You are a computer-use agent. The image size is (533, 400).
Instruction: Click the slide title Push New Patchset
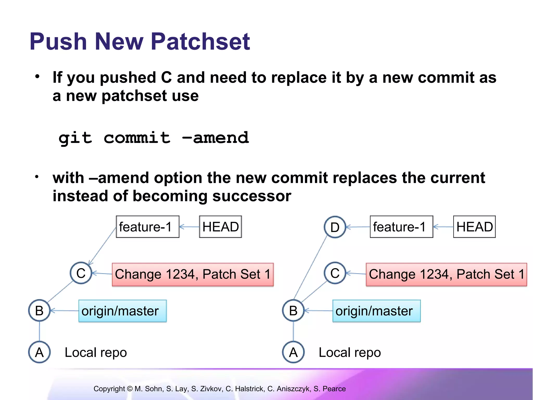tap(140, 42)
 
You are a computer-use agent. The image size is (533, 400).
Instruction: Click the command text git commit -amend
tap(154, 138)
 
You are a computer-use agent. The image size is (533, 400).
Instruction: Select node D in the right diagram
tap(335, 227)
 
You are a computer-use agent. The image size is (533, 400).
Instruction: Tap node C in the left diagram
tap(81, 273)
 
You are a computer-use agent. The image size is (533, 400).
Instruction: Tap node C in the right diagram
tap(335, 273)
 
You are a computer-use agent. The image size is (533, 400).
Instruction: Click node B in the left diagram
tap(39, 310)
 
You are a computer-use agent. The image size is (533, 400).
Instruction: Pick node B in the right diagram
tap(293, 310)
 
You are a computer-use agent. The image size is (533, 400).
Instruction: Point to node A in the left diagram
tap(39, 352)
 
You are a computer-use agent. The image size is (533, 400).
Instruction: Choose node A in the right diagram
tap(293, 352)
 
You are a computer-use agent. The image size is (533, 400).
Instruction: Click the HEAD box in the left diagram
tap(220, 227)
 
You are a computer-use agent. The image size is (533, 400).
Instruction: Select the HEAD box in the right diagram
tap(474, 227)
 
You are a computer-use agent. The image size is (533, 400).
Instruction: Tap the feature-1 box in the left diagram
tap(148, 227)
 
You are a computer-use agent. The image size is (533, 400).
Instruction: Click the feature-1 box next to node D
tap(402, 227)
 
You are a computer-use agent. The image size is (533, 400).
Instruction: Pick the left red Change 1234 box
tap(193, 274)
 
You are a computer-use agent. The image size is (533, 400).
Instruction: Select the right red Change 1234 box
tap(447, 274)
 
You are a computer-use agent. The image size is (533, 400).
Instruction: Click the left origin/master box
tap(123, 311)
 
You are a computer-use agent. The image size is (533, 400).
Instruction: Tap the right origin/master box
tap(377, 311)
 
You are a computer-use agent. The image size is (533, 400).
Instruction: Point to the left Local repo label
tap(96, 353)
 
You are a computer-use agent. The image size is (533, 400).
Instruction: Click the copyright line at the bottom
tap(220, 389)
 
